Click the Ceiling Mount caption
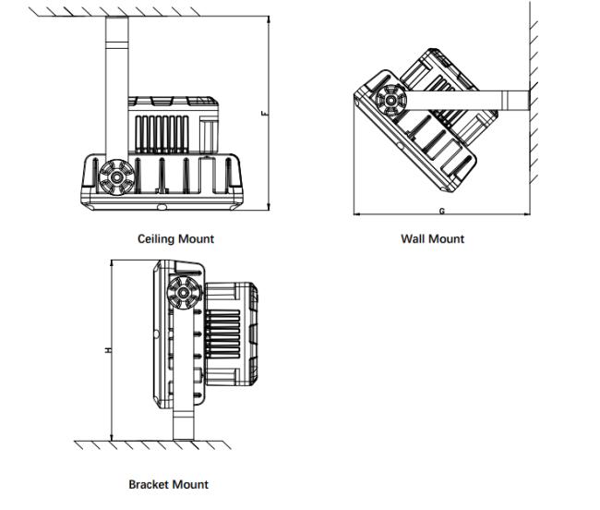point(175,238)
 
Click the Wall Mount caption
point(432,238)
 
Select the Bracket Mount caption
point(168,484)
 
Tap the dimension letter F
point(264,114)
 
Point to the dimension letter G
point(442,212)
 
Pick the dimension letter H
point(108,350)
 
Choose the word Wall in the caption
point(413,238)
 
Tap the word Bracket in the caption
point(148,484)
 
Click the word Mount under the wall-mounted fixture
point(447,238)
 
